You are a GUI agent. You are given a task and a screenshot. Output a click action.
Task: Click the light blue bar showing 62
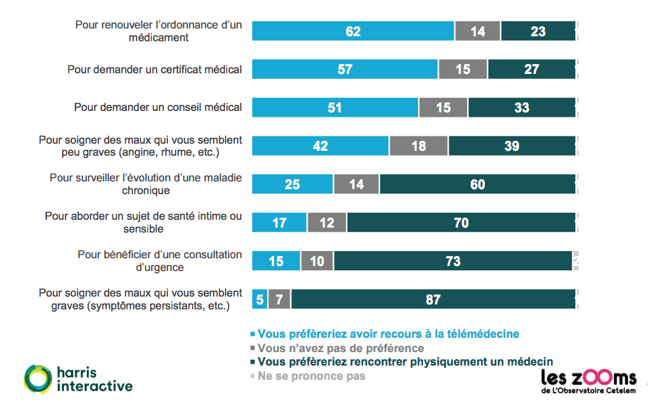tap(353, 31)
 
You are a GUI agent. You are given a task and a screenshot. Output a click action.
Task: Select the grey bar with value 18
tap(419, 146)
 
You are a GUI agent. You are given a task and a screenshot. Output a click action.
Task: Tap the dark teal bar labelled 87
tap(433, 299)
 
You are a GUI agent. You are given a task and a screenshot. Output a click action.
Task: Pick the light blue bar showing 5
tap(259, 299)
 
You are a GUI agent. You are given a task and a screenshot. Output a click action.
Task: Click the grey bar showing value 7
tap(279, 299)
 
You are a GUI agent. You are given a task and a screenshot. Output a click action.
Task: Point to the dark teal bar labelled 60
tap(477, 184)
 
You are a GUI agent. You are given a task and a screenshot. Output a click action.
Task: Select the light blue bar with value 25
tap(292, 184)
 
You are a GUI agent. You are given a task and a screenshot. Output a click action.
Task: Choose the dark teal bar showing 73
tap(453, 261)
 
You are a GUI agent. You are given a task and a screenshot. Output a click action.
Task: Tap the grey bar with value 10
tap(317, 261)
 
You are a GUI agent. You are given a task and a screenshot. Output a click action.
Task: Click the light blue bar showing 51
tap(335, 107)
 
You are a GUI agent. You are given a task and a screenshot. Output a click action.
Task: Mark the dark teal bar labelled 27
tap(531, 69)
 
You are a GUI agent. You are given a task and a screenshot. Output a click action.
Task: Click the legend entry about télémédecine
tap(388, 334)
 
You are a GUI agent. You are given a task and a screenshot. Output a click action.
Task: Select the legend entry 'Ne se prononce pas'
tap(311, 376)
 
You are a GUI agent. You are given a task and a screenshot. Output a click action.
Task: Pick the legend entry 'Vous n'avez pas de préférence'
tap(340, 348)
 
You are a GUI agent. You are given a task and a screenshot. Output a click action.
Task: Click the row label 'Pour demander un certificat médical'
tap(155, 70)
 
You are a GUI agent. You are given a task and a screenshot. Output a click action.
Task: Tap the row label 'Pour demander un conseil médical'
tap(158, 107)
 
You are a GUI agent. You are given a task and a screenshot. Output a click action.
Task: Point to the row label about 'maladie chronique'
tap(145, 184)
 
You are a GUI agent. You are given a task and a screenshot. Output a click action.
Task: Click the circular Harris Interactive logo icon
tap(37, 378)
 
